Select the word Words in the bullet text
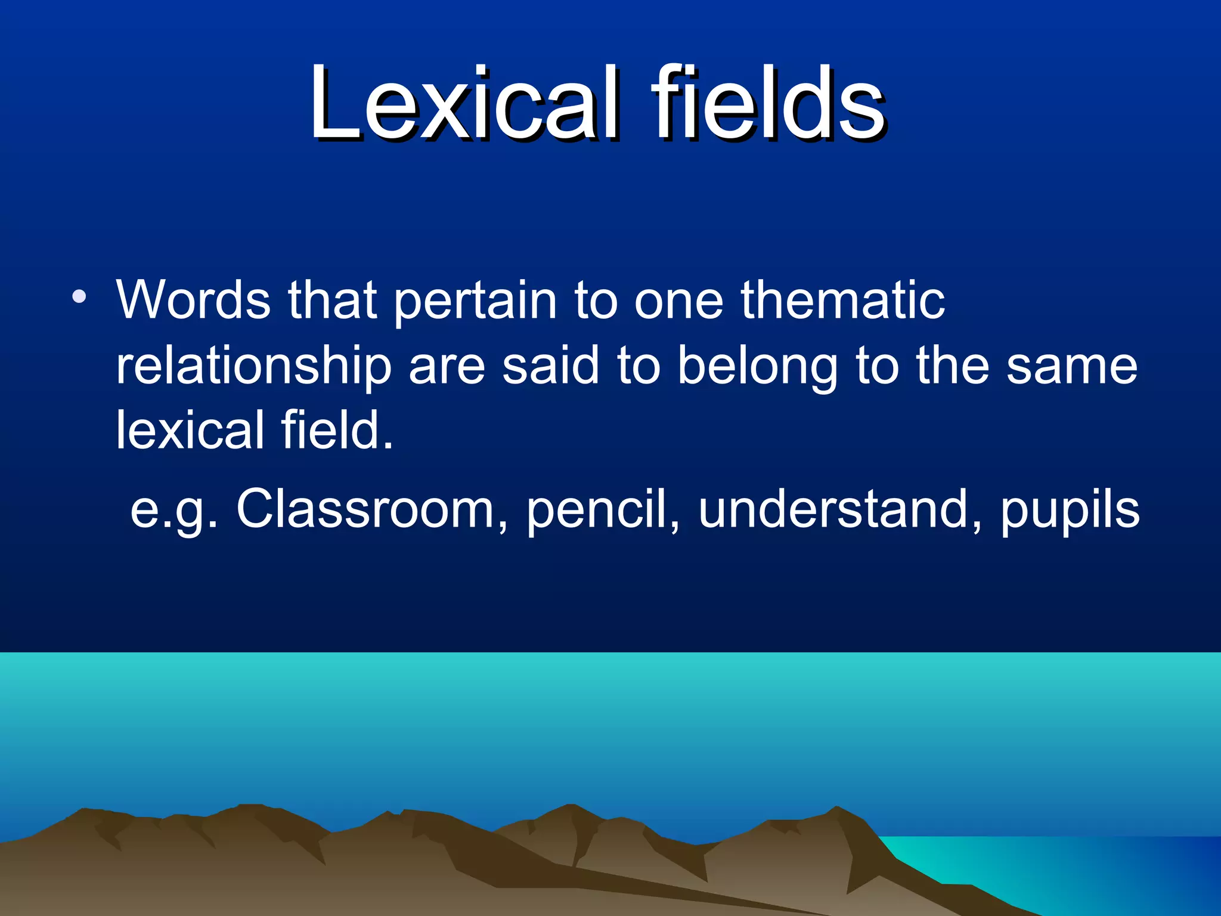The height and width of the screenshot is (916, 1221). [x=193, y=299]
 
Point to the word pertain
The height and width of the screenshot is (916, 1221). [x=475, y=302]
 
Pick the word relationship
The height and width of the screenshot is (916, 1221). [x=254, y=367]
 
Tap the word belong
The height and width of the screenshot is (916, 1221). [x=758, y=367]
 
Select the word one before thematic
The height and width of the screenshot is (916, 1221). [x=678, y=302]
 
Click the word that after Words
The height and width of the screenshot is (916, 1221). [x=333, y=299]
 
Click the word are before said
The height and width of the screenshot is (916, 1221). [x=447, y=367]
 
